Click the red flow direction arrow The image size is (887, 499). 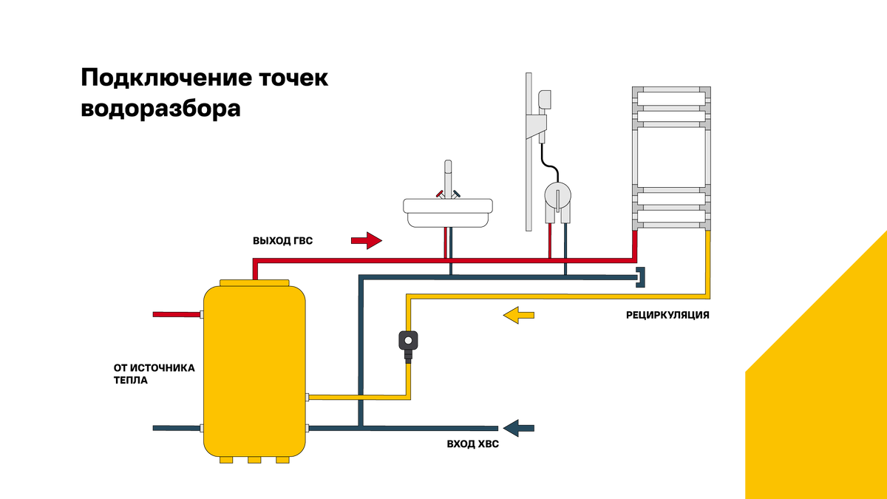point(365,240)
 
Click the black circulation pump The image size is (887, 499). point(408,340)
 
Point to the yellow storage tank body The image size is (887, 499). point(254,370)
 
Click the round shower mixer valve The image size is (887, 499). point(557,196)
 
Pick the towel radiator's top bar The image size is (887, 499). point(672,90)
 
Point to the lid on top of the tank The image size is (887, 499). point(254,282)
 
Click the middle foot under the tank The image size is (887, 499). point(254,461)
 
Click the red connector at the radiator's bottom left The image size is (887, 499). point(634,238)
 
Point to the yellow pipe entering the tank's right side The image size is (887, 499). point(355,397)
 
